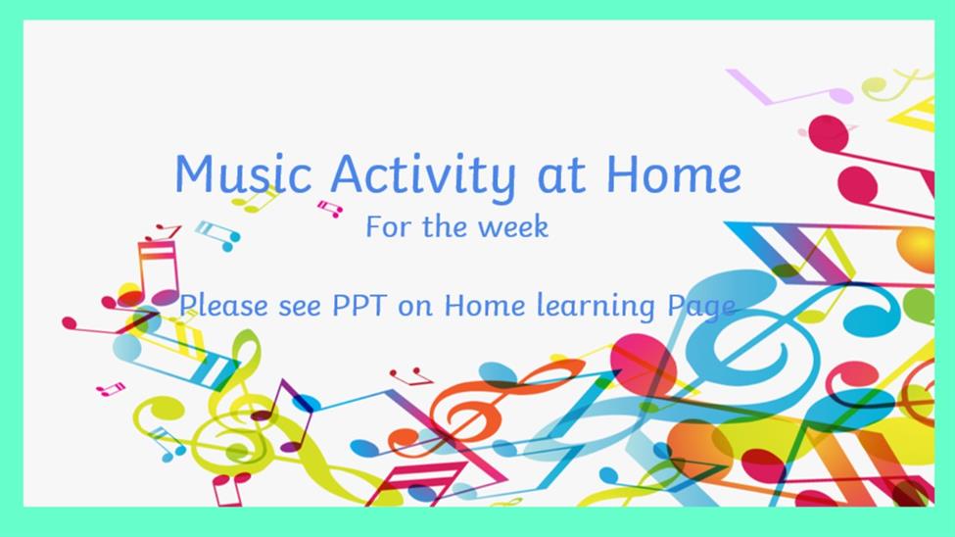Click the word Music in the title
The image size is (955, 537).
243,173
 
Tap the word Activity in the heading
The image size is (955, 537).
423,176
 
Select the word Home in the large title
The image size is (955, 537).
673,173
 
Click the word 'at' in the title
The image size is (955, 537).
561,176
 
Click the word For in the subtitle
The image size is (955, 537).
387,226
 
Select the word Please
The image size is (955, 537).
223,305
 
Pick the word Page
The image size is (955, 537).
701,307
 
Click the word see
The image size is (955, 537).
300,307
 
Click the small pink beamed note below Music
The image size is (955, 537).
330,209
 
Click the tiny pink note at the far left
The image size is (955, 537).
111,389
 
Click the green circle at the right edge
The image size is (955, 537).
918,306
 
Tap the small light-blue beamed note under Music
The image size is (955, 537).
217,235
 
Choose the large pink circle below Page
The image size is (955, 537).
644,365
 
